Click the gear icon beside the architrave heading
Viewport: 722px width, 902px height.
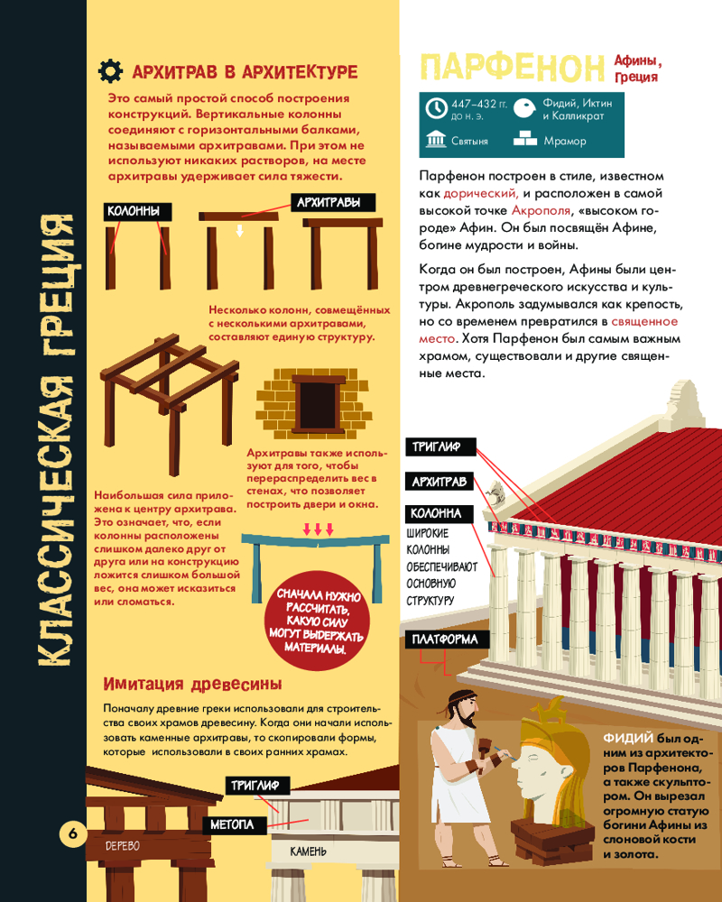110,70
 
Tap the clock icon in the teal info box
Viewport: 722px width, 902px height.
437,108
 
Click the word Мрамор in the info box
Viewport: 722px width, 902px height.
565,141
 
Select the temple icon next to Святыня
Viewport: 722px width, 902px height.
436,139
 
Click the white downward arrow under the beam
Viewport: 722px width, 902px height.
239,230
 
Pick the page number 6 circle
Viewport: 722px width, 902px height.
73,833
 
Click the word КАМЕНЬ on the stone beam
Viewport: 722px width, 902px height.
308,851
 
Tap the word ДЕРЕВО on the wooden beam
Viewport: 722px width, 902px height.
122,846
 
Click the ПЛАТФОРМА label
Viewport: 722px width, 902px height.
446,640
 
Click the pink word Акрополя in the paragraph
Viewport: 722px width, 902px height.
541,210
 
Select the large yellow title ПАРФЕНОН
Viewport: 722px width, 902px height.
512,68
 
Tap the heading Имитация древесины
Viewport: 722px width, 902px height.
192,684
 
